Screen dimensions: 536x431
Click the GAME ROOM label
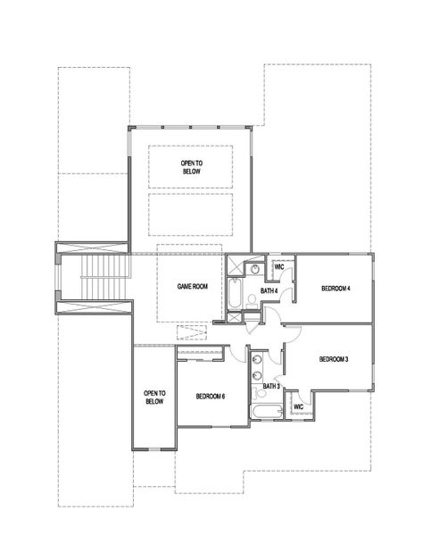click(192, 286)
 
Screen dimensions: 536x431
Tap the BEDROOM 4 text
click(336, 288)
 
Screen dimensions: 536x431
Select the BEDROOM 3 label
click(333, 358)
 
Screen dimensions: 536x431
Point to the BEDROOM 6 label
click(211, 395)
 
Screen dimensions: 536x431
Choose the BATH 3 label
click(271, 385)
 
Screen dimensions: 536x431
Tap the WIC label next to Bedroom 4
click(279, 266)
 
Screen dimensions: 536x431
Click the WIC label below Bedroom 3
click(298, 407)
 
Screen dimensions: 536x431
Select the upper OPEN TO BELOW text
click(192, 167)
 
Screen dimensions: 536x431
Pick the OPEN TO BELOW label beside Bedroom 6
click(154, 397)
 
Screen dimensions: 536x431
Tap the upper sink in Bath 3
click(257, 359)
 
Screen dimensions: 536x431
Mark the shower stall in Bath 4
click(234, 265)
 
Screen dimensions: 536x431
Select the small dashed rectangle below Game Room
click(192, 333)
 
